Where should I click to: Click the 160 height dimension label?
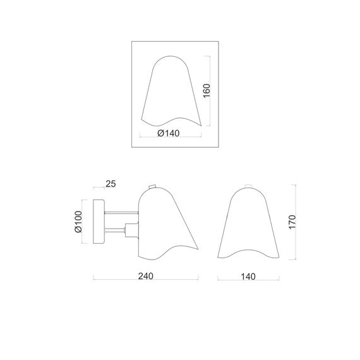[207, 91]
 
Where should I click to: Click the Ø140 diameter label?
[169, 133]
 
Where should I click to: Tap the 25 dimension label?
[111, 184]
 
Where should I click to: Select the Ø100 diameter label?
[78, 222]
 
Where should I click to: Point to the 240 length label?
[146, 276]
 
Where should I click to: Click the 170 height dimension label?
[292, 222]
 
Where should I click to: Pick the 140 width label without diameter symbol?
[248, 277]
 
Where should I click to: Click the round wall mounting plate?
[99, 222]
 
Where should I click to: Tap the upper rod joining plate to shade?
[121, 213]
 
